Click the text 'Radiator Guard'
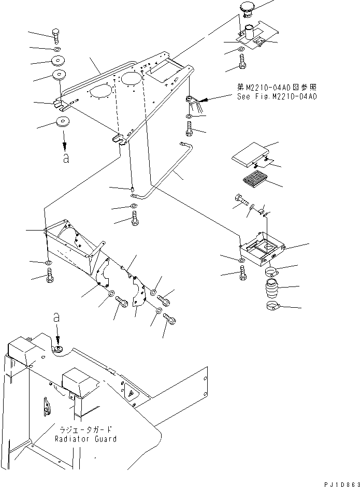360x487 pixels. click(x=86, y=439)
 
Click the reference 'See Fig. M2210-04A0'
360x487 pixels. click(x=277, y=96)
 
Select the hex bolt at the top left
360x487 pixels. click(x=56, y=37)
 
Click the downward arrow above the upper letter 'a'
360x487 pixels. click(x=64, y=141)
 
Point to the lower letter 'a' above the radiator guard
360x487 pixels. click(x=56, y=318)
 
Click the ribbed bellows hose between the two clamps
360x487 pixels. click(x=272, y=289)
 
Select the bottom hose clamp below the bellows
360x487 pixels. click(x=273, y=306)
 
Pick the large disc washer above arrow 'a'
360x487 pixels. click(x=63, y=121)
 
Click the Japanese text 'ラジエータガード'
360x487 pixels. click(x=85, y=429)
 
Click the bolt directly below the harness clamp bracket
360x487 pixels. click(x=189, y=128)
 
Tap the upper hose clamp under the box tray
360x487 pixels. click(x=272, y=272)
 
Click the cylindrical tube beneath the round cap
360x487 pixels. click(x=250, y=32)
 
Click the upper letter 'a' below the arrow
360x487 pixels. click(x=66, y=159)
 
